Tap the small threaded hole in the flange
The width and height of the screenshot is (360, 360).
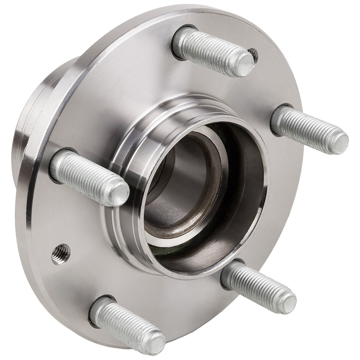coord(61,254)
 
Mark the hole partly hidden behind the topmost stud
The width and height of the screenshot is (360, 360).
coord(254,54)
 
